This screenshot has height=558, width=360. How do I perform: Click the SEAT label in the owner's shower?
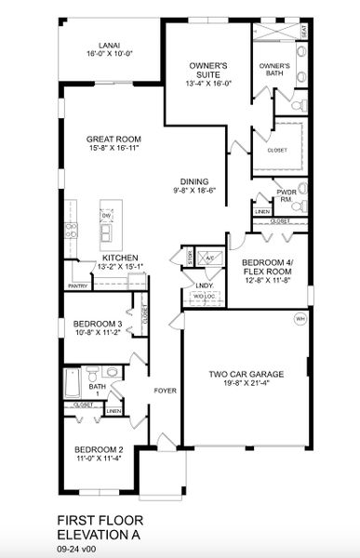[x=303, y=32]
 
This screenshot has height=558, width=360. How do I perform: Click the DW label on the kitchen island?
[x=107, y=215]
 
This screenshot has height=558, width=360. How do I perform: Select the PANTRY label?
[x=77, y=273]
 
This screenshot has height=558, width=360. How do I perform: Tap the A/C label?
[x=210, y=258]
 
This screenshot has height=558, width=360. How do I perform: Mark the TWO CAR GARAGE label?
[x=246, y=374]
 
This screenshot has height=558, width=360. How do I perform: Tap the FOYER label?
[x=165, y=391]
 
